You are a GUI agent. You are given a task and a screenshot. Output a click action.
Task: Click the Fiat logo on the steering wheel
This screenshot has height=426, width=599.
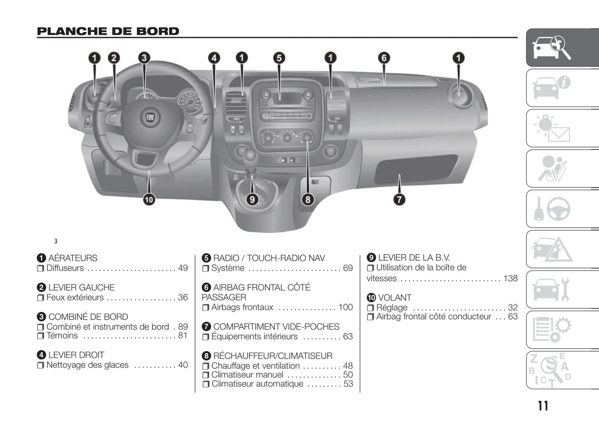click(150, 118)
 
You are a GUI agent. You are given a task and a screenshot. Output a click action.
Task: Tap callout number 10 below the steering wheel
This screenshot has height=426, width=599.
click(148, 199)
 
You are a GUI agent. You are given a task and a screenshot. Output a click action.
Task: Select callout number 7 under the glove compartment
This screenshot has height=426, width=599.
click(399, 199)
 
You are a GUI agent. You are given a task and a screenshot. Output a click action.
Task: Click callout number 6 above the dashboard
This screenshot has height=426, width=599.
click(384, 58)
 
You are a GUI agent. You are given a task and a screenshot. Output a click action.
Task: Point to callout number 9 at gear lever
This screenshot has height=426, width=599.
click(252, 199)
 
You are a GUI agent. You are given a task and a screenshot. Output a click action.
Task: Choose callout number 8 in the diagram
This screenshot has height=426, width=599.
click(308, 199)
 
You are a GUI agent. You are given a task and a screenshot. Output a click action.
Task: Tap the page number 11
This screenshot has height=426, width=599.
click(543, 406)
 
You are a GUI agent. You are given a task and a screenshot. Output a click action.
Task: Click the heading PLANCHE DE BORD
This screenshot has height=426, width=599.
click(108, 31)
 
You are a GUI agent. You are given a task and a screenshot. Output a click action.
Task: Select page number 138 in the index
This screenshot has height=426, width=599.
click(510, 278)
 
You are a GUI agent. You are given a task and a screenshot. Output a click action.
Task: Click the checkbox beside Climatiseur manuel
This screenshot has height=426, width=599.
click(206, 375)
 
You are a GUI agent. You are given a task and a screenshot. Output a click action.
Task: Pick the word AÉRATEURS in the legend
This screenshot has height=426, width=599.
click(73, 258)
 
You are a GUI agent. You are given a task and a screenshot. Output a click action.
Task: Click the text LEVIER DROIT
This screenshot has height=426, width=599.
click(76, 355)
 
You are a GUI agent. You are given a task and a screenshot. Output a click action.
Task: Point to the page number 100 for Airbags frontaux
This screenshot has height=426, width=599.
click(345, 307)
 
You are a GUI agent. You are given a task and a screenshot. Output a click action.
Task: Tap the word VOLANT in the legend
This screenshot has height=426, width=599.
click(395, 298)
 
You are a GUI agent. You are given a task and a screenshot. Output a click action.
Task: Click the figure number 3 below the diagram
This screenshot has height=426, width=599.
click(56, 241)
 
